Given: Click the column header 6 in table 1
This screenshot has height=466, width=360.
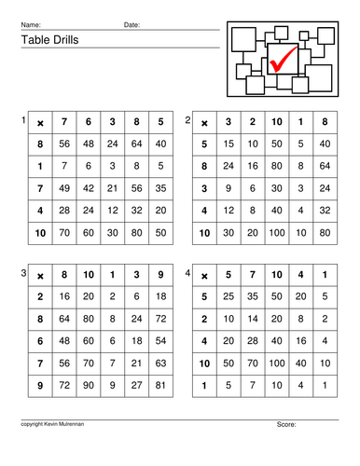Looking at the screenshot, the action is click(89, 122).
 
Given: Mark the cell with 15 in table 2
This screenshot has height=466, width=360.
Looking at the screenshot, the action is click(229, 144).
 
